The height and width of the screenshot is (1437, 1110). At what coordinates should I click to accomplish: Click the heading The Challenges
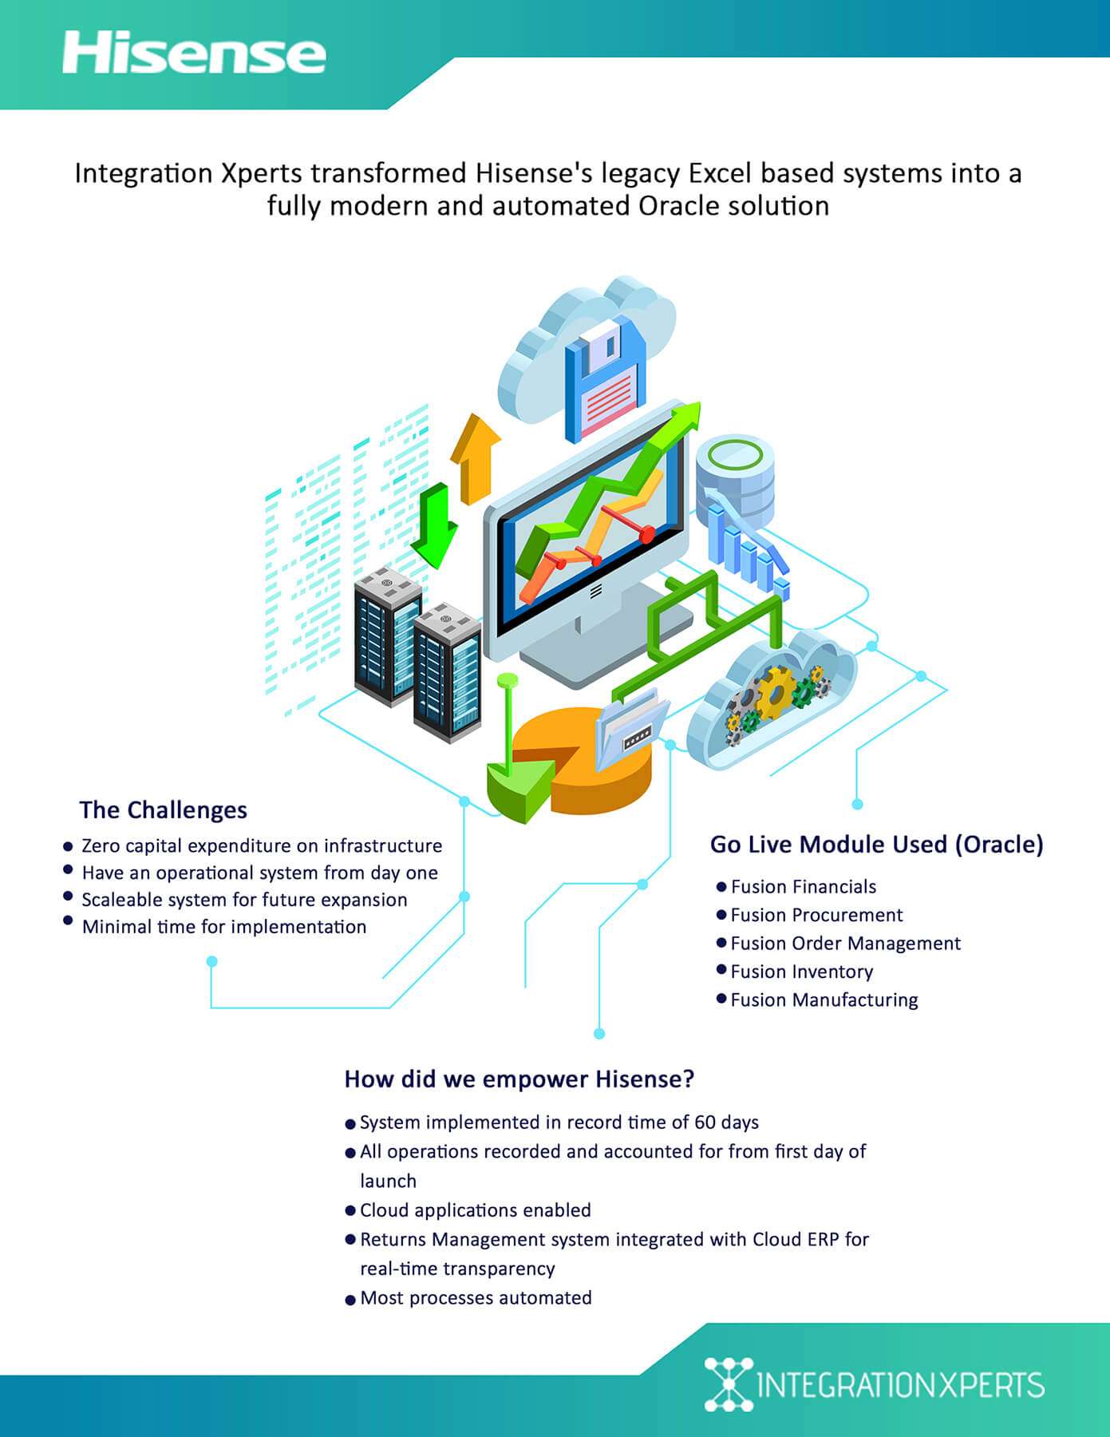164,810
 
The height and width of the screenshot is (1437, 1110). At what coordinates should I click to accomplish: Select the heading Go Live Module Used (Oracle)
876,845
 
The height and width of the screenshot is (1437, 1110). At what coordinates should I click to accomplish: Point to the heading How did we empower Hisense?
519,1079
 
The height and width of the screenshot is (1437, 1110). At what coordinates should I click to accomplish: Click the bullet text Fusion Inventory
802,972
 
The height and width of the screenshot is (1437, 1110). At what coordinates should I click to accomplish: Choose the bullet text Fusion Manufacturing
824,1000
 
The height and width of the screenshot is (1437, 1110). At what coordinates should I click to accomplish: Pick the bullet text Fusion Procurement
816,915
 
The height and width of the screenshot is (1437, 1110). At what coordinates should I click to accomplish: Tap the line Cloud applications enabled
476,1210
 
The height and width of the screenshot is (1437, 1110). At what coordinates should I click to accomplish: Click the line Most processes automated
476,1298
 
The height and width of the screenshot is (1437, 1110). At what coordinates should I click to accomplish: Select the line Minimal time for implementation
224,927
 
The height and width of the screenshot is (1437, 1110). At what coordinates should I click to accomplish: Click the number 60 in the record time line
705,1122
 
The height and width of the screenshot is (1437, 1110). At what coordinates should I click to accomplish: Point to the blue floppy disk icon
605,380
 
